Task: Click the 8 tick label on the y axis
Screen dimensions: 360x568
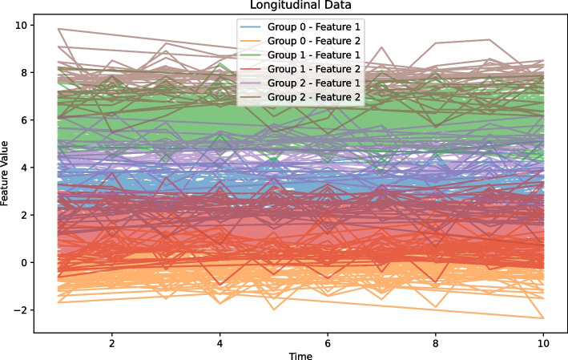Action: tap(24, 73)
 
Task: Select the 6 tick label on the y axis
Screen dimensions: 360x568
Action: tap(24, 120)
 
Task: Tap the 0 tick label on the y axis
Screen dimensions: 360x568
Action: tap(24, 263)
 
